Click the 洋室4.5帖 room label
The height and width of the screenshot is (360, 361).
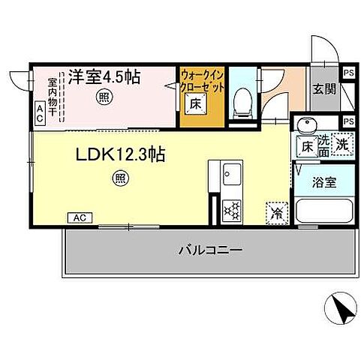tap(106, 76)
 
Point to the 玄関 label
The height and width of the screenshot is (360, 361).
tap(325, 88)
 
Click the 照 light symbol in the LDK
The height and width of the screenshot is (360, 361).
tap(119, 178)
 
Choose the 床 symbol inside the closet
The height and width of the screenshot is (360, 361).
tap(194, 103)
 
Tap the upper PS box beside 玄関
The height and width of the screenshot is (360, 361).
tap(348, 73)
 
